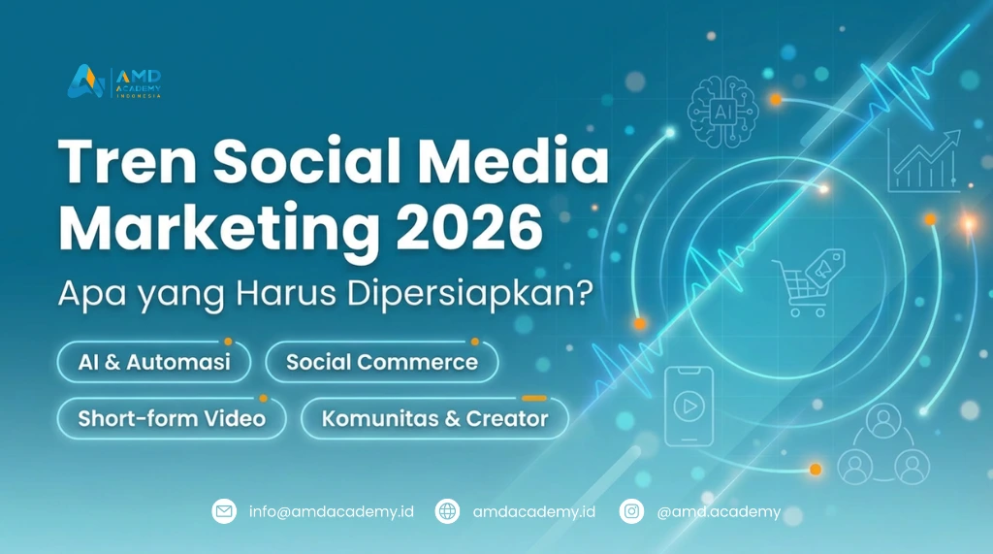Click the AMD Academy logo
point(114,81)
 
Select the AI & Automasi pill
point(154,362)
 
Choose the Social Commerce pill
point(382,362)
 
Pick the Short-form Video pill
point(172,418)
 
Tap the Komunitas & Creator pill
point(434,418)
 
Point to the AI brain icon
point(722,113)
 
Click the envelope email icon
point(224,511)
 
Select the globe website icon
point(447,511)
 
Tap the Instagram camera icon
point(631,511)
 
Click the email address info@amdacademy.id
point(332,511)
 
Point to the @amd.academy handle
point(719,511)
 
